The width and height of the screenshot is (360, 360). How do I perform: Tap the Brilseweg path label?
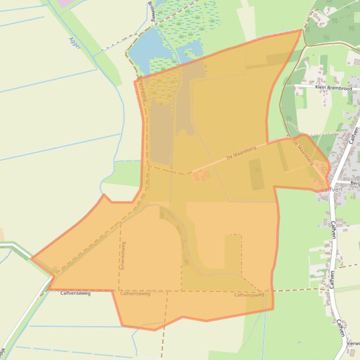[151, 10]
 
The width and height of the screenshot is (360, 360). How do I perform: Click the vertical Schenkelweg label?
[123, 255]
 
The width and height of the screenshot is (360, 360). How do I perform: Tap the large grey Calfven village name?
[331, 189]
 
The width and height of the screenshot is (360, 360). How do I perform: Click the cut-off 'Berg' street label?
[355, 183]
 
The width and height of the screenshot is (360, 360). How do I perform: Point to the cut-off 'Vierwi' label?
[353, 343]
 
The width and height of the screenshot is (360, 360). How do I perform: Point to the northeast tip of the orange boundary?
[301, 30]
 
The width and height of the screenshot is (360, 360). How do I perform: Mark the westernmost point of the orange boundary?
[31, 258]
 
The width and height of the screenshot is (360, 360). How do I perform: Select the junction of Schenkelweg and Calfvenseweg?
[119, 290]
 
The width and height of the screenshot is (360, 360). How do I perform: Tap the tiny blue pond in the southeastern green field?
[298, 342]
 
